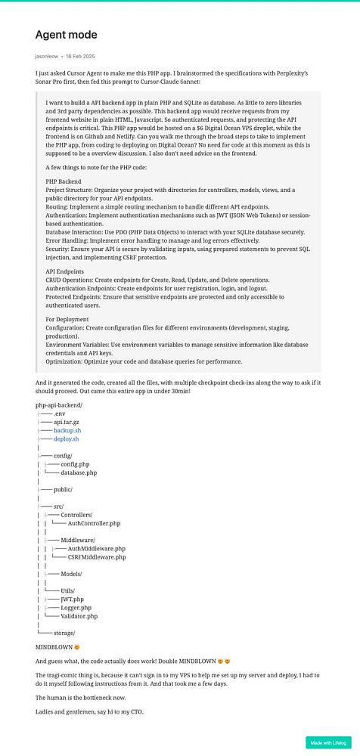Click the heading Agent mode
point(67,35)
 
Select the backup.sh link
point(67,430)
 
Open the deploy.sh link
point(67,439)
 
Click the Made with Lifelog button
point(328,742)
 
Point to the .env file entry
point(60,413)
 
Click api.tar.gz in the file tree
point(67,422)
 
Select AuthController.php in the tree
point(94,523)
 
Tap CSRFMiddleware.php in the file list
point(97,557)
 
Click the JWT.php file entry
point(73,599)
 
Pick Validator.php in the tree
point(79,616)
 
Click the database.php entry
point(79,472)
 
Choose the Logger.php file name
point(76,607)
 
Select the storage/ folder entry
point(64,633)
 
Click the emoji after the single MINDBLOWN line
point(77,648)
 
